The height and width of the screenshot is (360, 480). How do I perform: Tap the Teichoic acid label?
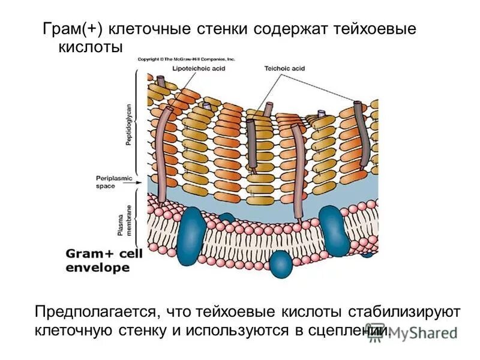click(x=285, y=69)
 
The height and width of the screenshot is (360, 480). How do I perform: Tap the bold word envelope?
click(x=94, y=268)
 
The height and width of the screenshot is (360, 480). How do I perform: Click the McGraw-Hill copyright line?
click(x=186, y=59)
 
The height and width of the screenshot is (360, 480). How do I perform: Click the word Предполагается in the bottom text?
click(x=95, y=312)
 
